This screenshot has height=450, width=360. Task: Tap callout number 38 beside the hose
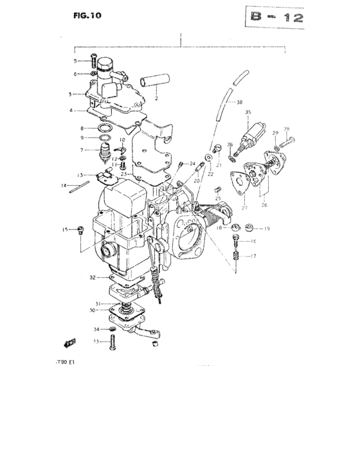(x=239, y=102)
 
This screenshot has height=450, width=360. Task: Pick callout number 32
(x=93, y=277)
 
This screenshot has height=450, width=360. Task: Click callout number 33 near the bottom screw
(x=95, y=341)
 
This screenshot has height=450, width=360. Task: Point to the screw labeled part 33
(x=112, y=343)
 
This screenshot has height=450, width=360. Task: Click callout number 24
(x=192, y=165)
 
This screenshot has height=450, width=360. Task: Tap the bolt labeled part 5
(x=94, y=62)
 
